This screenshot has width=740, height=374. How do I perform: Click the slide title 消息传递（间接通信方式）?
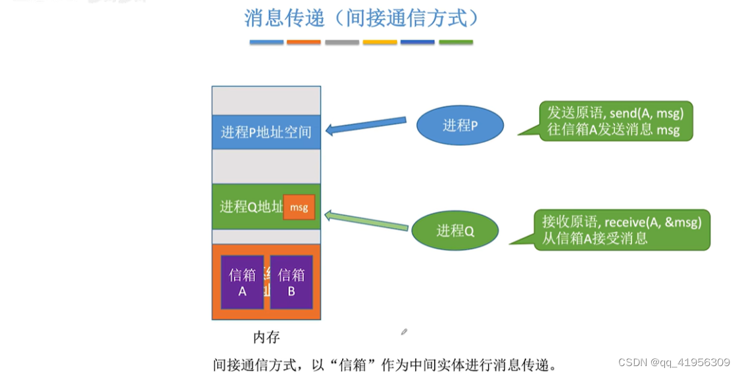(361, 18)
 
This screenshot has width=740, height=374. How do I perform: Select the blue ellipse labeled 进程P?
(460, 125)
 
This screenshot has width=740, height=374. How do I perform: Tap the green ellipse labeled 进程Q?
(455, 230)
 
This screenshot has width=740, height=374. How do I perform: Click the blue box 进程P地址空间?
(266, 131)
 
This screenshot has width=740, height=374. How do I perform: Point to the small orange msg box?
(299, 207)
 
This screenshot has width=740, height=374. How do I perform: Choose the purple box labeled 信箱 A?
(242, 283)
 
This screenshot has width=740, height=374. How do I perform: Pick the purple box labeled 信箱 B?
(291, 283)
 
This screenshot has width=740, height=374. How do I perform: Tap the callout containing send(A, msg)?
(615, 120)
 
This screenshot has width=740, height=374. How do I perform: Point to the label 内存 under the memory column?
(266, 337)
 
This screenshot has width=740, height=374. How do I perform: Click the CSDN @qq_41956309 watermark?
(674, 362)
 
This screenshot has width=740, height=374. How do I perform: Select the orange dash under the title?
(304, 42)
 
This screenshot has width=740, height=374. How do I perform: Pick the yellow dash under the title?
(380, 42)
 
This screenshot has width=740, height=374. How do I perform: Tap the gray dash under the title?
(342, 42)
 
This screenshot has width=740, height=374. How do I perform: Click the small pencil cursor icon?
(404, 332)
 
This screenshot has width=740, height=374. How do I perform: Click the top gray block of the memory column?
(266, 101)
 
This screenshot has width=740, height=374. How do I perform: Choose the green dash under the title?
(456, 42)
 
